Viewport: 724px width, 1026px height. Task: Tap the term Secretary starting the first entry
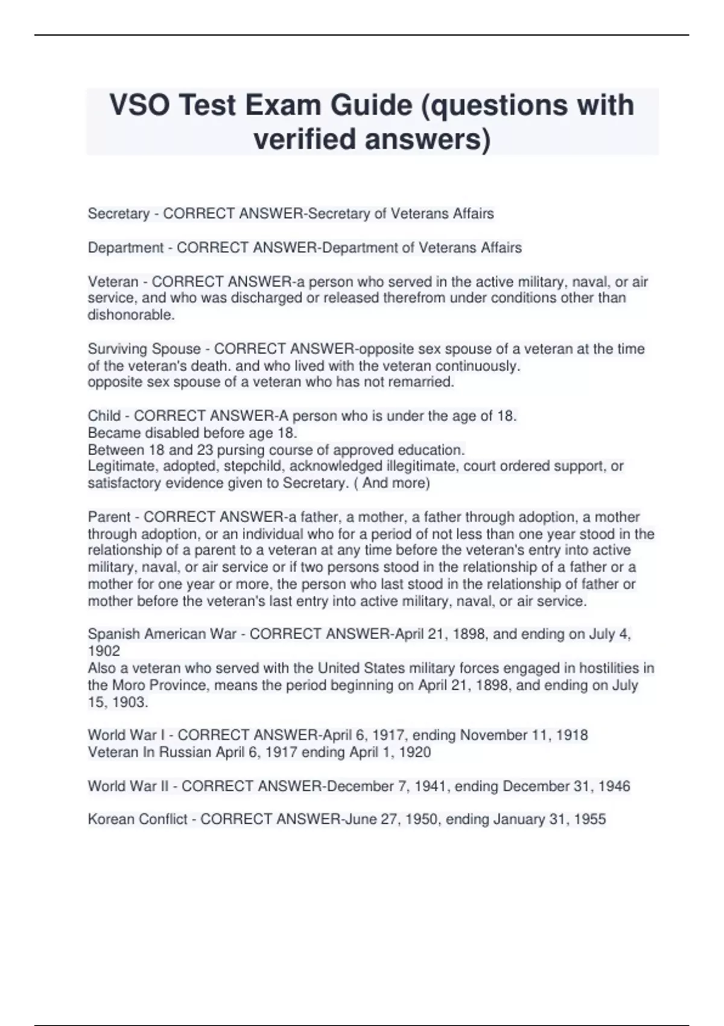(x=118, y=214)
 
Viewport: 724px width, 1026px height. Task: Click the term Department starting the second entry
(x=125, y=247)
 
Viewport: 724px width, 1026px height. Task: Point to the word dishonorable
(x=130, y=315)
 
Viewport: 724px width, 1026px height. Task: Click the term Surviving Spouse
(x=144, y=349)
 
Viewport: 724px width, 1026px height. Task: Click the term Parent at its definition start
(x=109, y=517)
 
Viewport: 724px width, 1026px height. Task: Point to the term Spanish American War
(x=162, y=634)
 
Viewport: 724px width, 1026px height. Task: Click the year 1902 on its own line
(x=104, y=651)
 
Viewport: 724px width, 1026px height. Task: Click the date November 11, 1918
(x=524, y=735)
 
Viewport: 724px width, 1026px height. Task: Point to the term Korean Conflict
(x=138, y=820)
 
